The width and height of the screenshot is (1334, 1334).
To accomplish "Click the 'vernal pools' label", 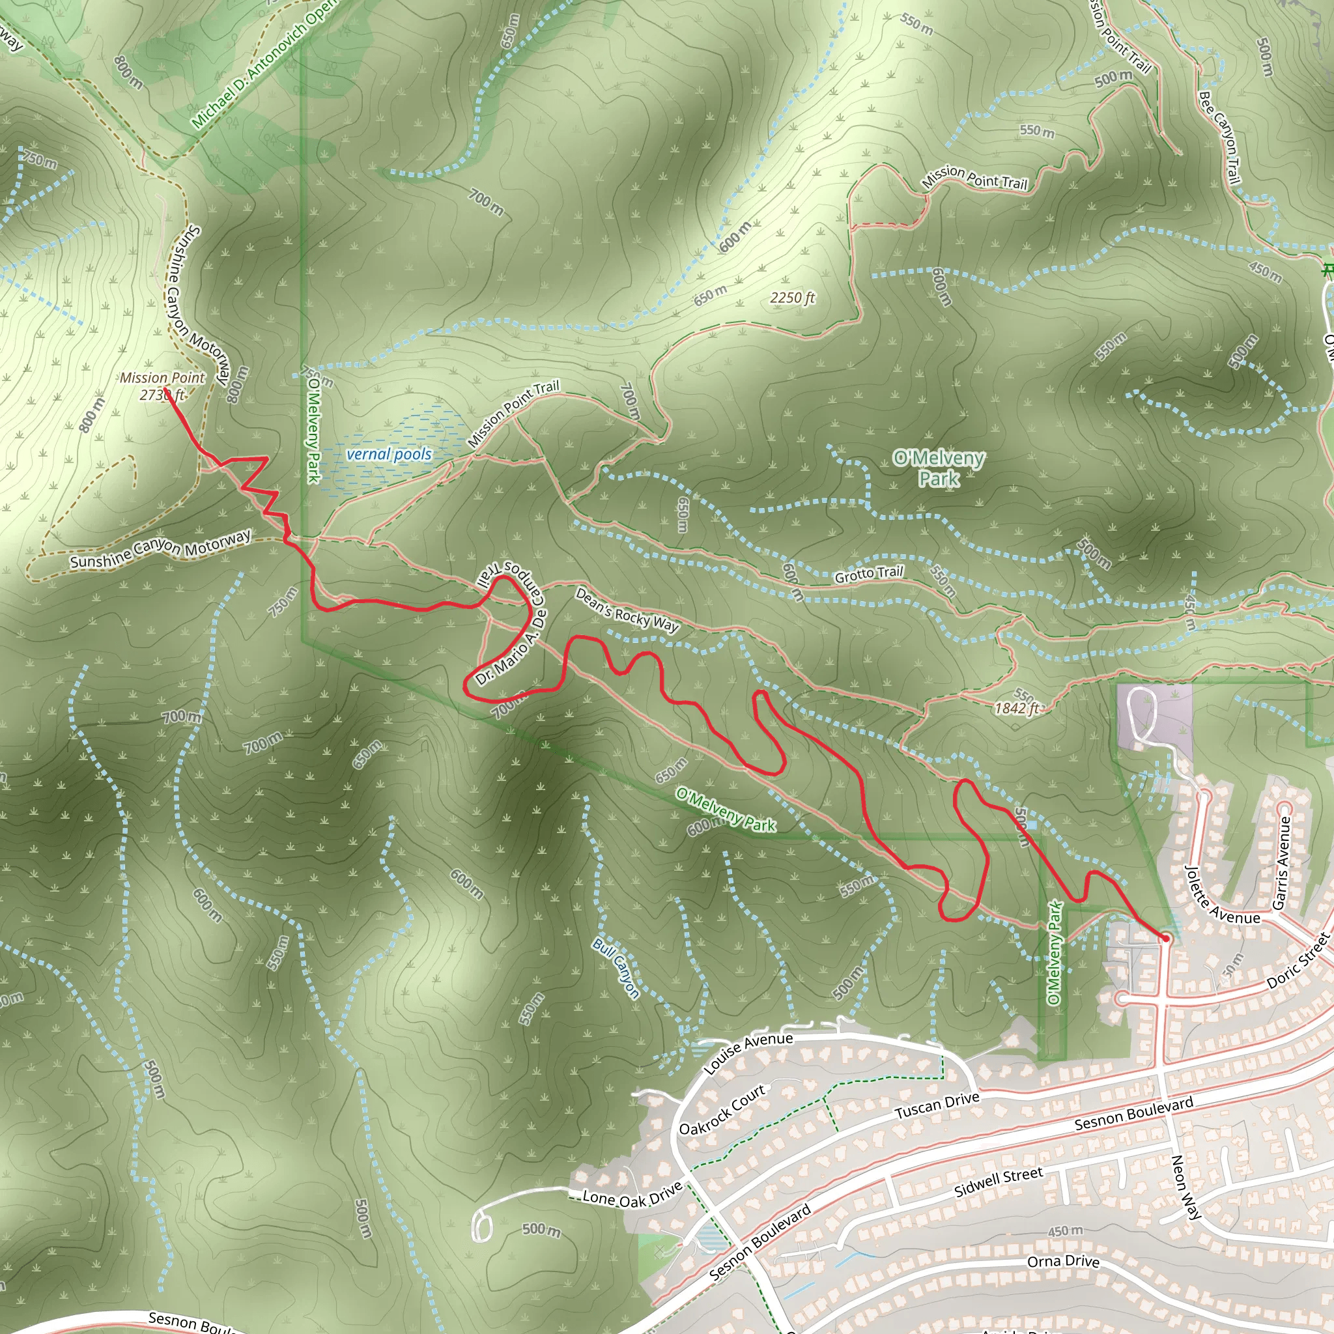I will pyautogui.click(x=389, y=455).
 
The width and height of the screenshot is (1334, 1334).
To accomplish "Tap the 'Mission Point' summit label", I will pyautogui.click(x=162, y=378).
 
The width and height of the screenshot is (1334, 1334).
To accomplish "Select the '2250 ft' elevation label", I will pyautogui.click(x=793, y=298).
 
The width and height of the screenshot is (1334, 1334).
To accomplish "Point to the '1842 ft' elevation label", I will pyautogui.click(x=1016, y=708).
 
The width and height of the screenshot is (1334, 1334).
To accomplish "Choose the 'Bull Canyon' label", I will pyautogui.click(x=617, y=967).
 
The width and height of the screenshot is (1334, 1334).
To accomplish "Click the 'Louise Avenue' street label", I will pyautogui.click(x=748, y=1053).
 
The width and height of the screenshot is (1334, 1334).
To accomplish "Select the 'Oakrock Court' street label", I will pyautogui.click(x=722, y=1109).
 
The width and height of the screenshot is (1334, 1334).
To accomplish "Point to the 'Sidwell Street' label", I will pyautogui.click(x=999, y=1183).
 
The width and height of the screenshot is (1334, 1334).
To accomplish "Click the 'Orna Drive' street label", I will pyautogui.click(x=1063, y=1261).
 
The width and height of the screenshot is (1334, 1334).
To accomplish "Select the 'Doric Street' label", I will pyautogui.click(x=1298, y=961).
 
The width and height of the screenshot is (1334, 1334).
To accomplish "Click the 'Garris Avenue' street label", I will pyautogui.click(x=1281, y=863).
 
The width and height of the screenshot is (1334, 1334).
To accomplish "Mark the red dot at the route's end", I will pyautogui.click(x=1165, y=939).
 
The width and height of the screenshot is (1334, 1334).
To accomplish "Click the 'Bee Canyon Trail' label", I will pyautogui.click(x=1219, y=137).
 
